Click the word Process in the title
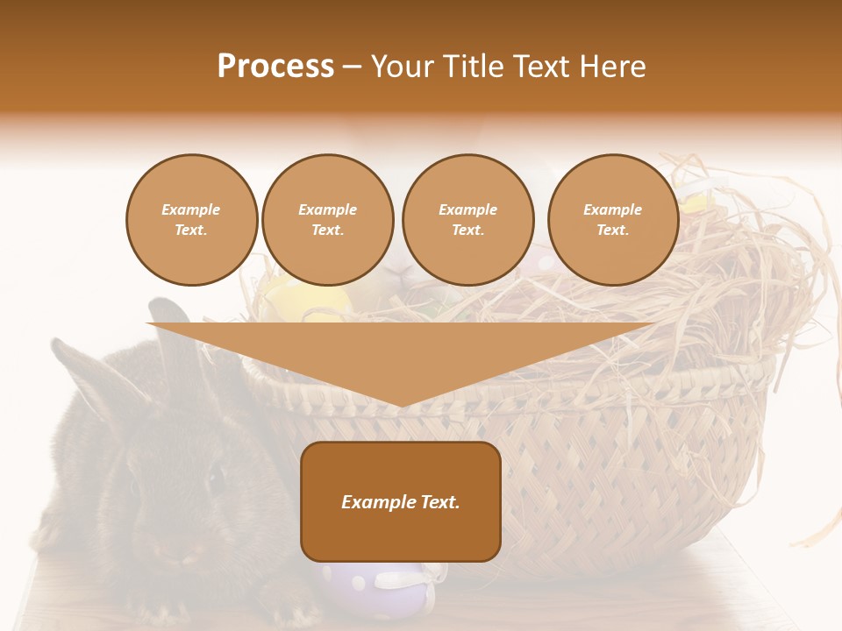[275, 66]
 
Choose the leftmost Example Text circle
[191, 219]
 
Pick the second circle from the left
[327, 219]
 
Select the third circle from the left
[467, 219]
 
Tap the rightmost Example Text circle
[612, 219]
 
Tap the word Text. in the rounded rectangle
[439, 502]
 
